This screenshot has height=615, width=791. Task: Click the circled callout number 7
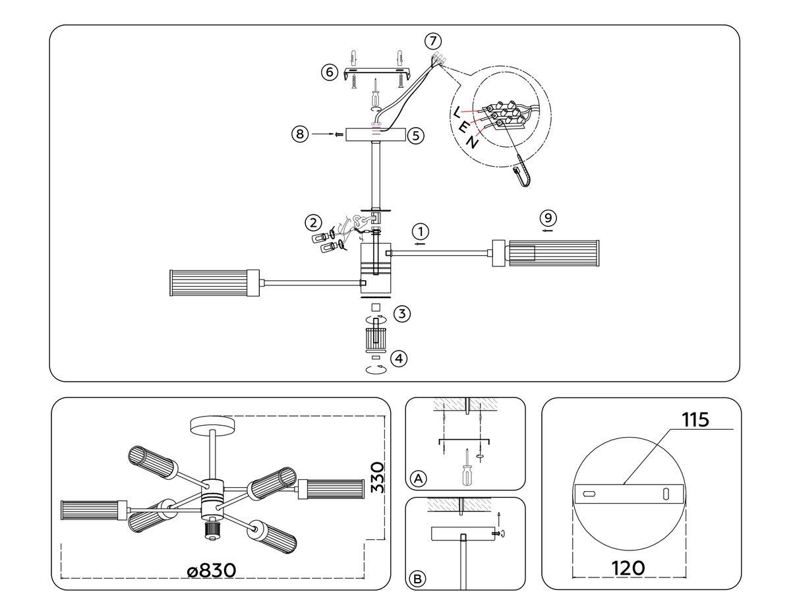tap(432, 41)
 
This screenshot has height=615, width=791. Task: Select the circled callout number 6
tap(330, 72)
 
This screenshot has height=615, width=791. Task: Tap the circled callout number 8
tap(300, 134)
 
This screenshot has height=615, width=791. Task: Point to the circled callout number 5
tap(415, 136)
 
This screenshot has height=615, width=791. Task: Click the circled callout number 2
tap(314, 221)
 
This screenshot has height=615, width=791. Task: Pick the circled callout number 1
tap(421, 232)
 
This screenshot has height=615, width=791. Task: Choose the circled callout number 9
tap(548, 218)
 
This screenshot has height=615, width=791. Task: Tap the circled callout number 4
tap(399, 359)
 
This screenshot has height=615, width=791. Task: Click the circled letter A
tap(417, 479)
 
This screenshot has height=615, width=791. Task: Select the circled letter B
tap(417, 579)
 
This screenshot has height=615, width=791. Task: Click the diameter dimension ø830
tap(211, 570)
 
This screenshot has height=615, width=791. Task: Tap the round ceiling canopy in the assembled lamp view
tap(212, 425)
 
